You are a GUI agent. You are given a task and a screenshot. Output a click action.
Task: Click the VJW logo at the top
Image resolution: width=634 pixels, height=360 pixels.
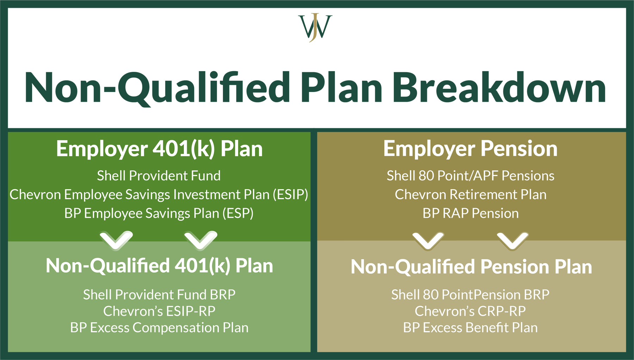[x=315, y=27]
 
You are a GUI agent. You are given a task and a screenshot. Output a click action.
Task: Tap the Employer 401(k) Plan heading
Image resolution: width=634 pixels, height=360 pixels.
[x=159, y=149]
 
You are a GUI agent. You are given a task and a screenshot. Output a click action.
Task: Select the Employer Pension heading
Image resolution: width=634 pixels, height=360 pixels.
[x=470, y=149]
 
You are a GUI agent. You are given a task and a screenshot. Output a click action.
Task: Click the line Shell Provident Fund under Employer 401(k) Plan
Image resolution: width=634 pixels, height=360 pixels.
[x=159, y=175]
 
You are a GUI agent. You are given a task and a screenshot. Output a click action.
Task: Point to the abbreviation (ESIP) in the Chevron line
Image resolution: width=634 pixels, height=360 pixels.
[x=290, y=194]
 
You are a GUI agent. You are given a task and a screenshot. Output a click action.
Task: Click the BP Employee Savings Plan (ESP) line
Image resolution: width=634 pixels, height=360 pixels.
[x=159, y=213]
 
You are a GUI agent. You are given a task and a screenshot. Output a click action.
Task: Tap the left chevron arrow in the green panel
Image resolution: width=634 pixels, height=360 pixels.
[x=116, y=241]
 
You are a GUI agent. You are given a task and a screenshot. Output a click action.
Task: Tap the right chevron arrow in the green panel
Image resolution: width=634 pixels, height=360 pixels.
[x=201, y=241]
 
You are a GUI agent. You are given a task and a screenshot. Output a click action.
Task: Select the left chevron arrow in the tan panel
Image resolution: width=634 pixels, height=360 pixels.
[x=428, y=241]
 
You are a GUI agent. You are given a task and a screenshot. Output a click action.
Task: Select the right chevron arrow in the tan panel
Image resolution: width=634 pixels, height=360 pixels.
[x=512, y=241]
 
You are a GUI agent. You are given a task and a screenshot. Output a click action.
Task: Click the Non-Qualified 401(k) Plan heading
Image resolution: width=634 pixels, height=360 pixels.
[x=159, y=266]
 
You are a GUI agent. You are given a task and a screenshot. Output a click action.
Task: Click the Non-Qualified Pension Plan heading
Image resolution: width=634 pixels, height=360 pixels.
[x=471, y=267]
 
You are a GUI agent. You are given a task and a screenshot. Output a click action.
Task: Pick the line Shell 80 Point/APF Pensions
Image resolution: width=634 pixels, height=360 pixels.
[x=470, y=175]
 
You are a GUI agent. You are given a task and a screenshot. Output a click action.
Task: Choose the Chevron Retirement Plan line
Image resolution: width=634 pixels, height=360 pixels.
[x=470, y=194]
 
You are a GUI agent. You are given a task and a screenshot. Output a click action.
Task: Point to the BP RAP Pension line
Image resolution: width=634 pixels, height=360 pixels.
[x=470, y=213]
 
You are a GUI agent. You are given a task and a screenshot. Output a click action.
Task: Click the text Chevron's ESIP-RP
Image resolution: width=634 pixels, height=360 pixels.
[x=159, y=311]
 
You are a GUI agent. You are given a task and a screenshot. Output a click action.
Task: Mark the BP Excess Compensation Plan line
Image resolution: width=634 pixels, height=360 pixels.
[x=159, y=328]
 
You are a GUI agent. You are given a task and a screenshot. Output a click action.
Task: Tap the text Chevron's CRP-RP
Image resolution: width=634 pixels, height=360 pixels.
[x=470, y=311]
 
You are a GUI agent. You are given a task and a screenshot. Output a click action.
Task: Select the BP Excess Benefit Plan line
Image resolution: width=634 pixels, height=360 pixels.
[x=470, y=328]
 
